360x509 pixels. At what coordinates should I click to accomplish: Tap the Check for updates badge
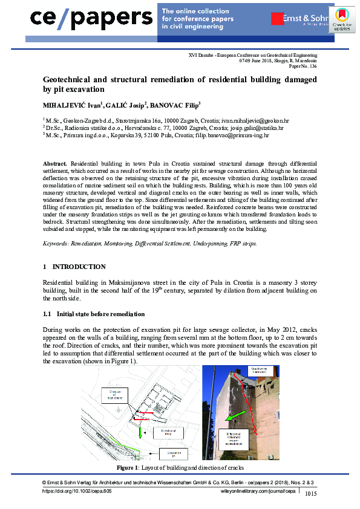[342, 20]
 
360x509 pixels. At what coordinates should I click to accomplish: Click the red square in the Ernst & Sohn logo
[278, 19]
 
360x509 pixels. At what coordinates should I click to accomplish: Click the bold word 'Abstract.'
[56, 164]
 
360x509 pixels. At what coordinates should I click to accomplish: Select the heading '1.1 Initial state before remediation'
[94, 314]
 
